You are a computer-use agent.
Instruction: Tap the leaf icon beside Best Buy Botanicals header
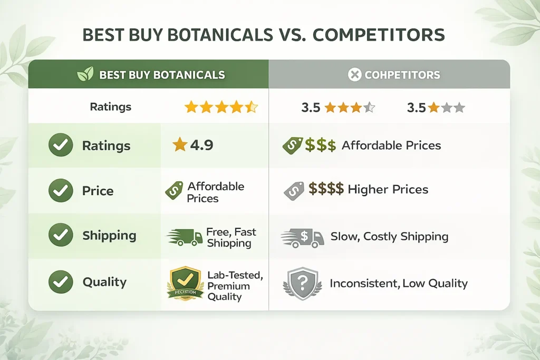[85, 74]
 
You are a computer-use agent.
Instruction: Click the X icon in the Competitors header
[355, 75]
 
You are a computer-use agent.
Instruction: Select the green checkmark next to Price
[61, 191]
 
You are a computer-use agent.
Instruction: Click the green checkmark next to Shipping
[61, 236]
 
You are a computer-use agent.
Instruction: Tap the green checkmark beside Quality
[61, 282]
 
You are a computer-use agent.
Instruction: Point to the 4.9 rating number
[201, 145]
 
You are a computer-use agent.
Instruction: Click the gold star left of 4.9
[180, 145]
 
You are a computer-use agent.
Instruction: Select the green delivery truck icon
[185, 237]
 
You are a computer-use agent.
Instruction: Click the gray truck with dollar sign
[303, 238]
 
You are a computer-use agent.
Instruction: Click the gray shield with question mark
[303, 284]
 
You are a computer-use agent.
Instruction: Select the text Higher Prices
[388, 189]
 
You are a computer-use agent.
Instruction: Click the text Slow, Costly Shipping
[389, 237]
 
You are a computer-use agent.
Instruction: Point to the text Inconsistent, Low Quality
[398, 284]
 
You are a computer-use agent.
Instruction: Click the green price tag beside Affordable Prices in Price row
[175, 191]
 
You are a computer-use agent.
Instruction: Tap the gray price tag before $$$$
[294, 190]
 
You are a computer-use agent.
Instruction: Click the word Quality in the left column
[104, 282]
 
